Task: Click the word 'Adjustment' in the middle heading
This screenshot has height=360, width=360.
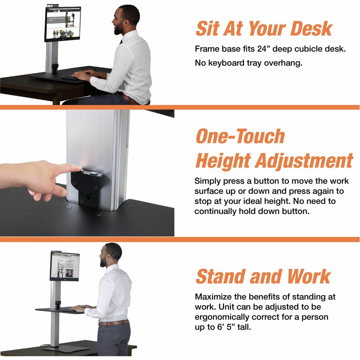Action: (x=304, y=161)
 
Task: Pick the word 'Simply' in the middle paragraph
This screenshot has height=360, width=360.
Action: (x=208, y=181)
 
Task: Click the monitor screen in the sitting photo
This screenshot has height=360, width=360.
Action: (x=63, y=24)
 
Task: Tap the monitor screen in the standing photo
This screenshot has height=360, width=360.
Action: (x=65, y=266)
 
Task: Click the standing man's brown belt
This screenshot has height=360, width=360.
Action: (x=114, y=322)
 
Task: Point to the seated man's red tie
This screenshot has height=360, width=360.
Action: (x=121, y=42)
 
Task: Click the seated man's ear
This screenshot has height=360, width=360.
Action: (x=125, y=24)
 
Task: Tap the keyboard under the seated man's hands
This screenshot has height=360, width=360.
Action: (x=70, y=77)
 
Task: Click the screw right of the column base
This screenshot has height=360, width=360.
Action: (x=131, y=206)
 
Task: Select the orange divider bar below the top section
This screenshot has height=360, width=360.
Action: (x=180, y=107)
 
